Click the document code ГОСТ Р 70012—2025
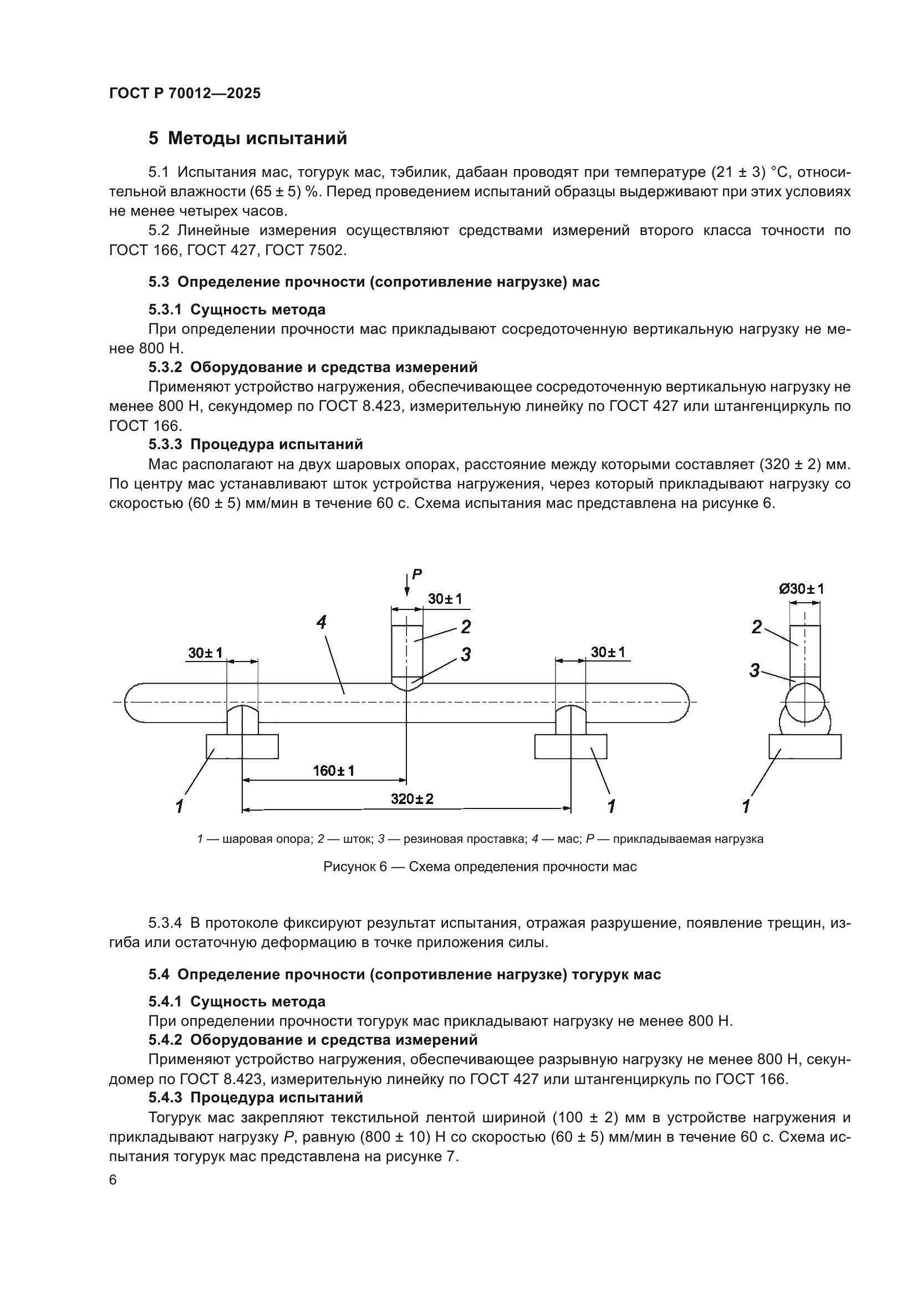coord(185,93)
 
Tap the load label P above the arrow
coord(417,574)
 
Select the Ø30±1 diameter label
coord(801,589)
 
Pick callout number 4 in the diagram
coord(322,623)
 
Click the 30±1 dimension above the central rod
coord(445,599)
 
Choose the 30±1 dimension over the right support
coord(608,653)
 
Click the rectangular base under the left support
coord(242,746)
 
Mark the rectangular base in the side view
coord(804,746)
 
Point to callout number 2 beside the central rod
coord(466,627)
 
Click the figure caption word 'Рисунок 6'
coord(355,867)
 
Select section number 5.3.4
coord(165,923)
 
